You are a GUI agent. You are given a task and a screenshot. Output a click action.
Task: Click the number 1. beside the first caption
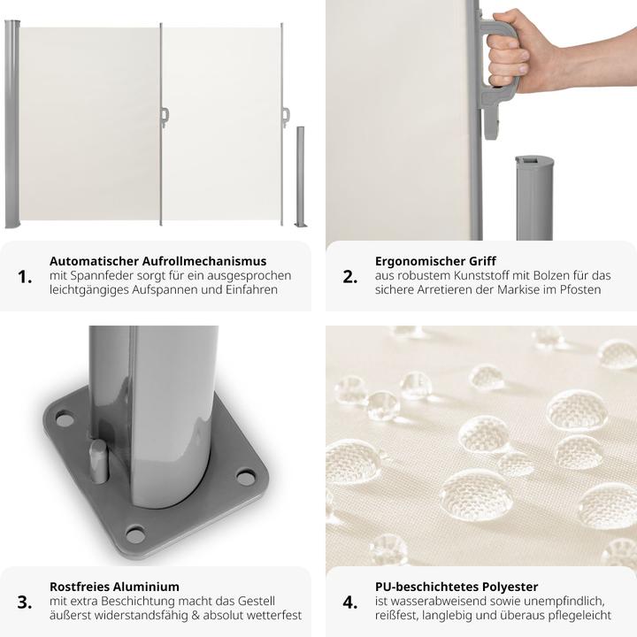tap(25, 277)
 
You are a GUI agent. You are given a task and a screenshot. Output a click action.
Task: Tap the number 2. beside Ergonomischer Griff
tap(350, 277)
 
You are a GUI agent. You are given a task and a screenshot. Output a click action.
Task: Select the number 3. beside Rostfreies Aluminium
tap(25, 602)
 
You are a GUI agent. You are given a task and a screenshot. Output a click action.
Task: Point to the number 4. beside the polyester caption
tap(350, 602)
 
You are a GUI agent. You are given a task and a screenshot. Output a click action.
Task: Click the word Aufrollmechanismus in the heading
tap(204, 261)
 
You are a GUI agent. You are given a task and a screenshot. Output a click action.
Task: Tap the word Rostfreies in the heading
tap(80, 587)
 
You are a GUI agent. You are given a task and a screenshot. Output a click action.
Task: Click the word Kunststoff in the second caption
tap(483, 275)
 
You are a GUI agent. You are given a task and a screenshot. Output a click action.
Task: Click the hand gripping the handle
tap(524, 50)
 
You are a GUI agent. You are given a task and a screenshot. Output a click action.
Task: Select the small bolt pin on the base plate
tap(98, 461)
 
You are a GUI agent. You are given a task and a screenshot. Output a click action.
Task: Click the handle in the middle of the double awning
tap(165, 118)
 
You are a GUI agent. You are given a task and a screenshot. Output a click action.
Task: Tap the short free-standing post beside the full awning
tap(301, 177)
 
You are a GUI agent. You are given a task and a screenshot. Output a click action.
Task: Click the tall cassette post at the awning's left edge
tap(12, 124)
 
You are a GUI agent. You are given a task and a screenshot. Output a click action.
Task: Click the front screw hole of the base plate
tap(135, 534)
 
